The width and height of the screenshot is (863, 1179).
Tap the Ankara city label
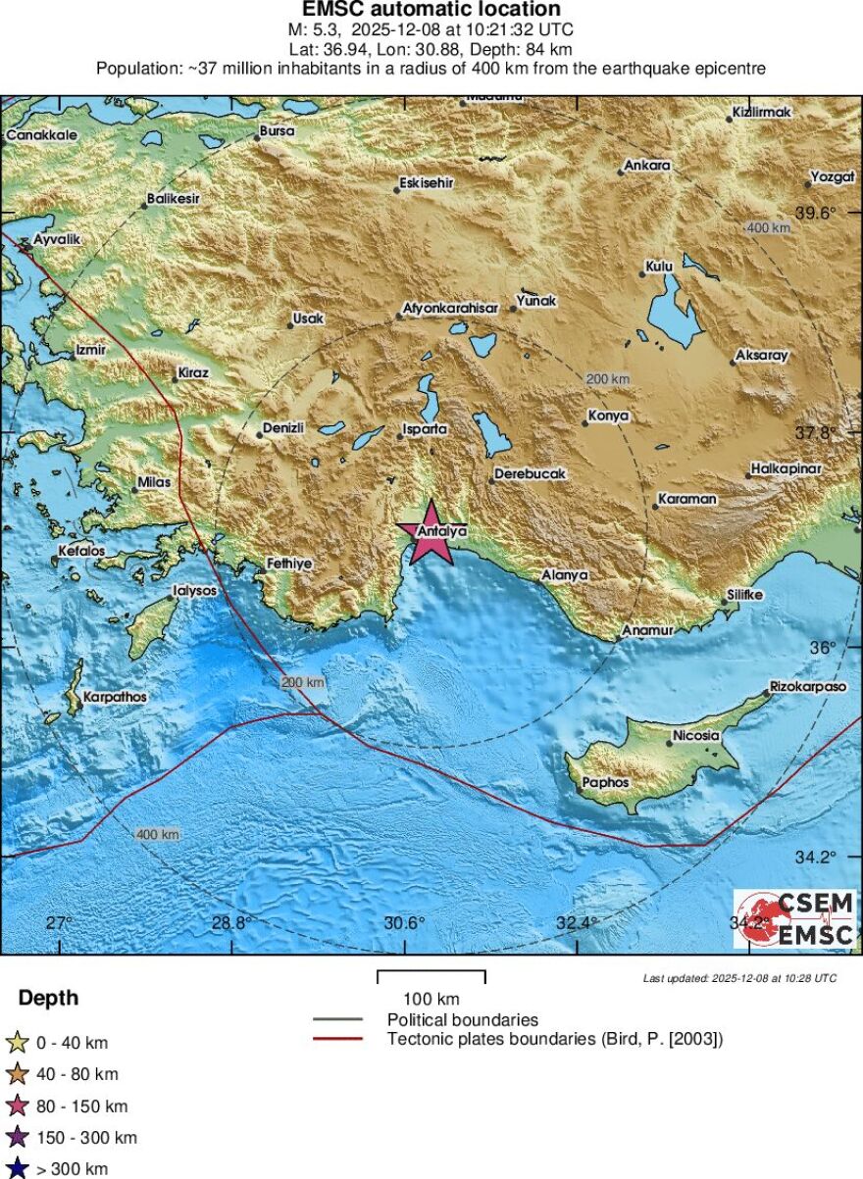click(647, 166)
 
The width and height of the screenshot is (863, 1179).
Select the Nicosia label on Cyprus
click(696, 735)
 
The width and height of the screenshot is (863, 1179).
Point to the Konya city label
click(608, 417)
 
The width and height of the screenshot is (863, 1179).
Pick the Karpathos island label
click(116, 697)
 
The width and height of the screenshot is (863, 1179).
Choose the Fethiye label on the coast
click(289, 564)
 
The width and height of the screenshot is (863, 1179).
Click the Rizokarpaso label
click(808, 687)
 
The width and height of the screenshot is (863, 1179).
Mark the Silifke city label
click(744, 595)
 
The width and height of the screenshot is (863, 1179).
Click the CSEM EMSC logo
click(794, 919)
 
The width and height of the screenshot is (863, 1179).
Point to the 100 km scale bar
click(431, 976)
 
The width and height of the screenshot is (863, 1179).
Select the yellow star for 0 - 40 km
click(17, 1043)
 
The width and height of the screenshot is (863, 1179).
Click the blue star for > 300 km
click(17, 1168)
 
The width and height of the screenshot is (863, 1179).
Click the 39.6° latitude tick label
click(815, 213)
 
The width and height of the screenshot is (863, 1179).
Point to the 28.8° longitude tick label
click(231, 922)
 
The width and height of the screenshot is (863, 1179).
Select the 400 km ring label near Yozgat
click(769, 227)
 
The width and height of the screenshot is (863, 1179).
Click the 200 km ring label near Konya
click(607, 378)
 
